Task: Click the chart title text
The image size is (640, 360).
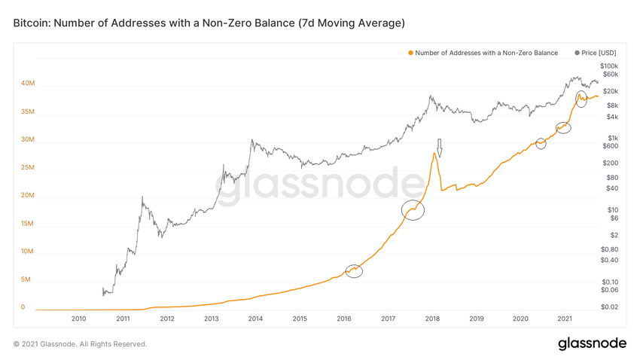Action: pyautogui.click(x=209, y=23)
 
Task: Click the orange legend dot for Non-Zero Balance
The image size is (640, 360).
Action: pyautogui.click(x=410, y=53)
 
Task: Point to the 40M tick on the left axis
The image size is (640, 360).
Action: pyautogui.click(x=28, y=84)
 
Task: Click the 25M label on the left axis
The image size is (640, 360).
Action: pyautogui.click(x=28, y=167)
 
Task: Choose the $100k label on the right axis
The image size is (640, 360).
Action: pyautogui.click(x=608, y=66)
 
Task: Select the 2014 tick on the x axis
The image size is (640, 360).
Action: pyautogui.click(x=255, y=319)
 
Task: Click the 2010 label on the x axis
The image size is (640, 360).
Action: pyautogui.click(x=78, y=319)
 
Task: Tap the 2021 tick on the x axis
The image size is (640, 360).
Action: pyautogui.click(x=565, y=319)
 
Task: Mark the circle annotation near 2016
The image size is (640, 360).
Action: pyautogui.click(x=354, y=270)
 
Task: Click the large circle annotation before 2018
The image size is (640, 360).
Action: pyautogui.click(x=413, y=210)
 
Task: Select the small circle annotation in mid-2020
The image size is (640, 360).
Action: pyautogui.click(x=541, y=143)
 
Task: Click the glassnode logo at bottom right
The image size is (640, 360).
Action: pyautogui.click(x=592, y=343)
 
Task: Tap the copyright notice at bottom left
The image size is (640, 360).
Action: pyautogui.click(x=80, y=344)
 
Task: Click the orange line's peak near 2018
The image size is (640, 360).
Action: pyautogui.click(x=434, y=154)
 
